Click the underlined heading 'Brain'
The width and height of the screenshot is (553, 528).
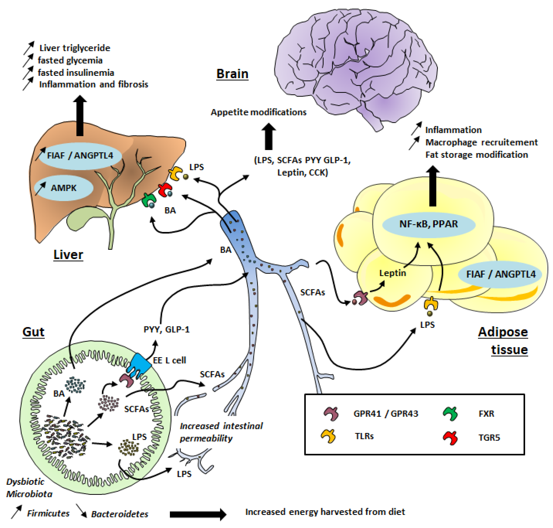point(232,74)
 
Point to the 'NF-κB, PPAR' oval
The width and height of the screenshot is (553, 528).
point(429,224)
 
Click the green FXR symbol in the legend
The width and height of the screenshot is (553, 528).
point(450,414)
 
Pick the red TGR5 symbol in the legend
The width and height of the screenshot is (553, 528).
point(450,438)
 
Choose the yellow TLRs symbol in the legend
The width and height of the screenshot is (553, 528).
point(328,436)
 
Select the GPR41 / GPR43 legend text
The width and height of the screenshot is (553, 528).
point(386,413)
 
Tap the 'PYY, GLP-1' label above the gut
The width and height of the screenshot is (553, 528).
point(167,329)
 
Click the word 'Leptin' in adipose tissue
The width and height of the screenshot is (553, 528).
point(393,273)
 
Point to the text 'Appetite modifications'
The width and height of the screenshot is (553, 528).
point(259,112)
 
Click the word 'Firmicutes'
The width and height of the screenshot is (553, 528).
point(48,513)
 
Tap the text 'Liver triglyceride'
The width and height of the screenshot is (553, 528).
point(75,48)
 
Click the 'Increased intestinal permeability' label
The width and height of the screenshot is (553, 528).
point(221,432)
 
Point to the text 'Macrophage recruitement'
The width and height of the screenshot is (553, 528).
point(482,142)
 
